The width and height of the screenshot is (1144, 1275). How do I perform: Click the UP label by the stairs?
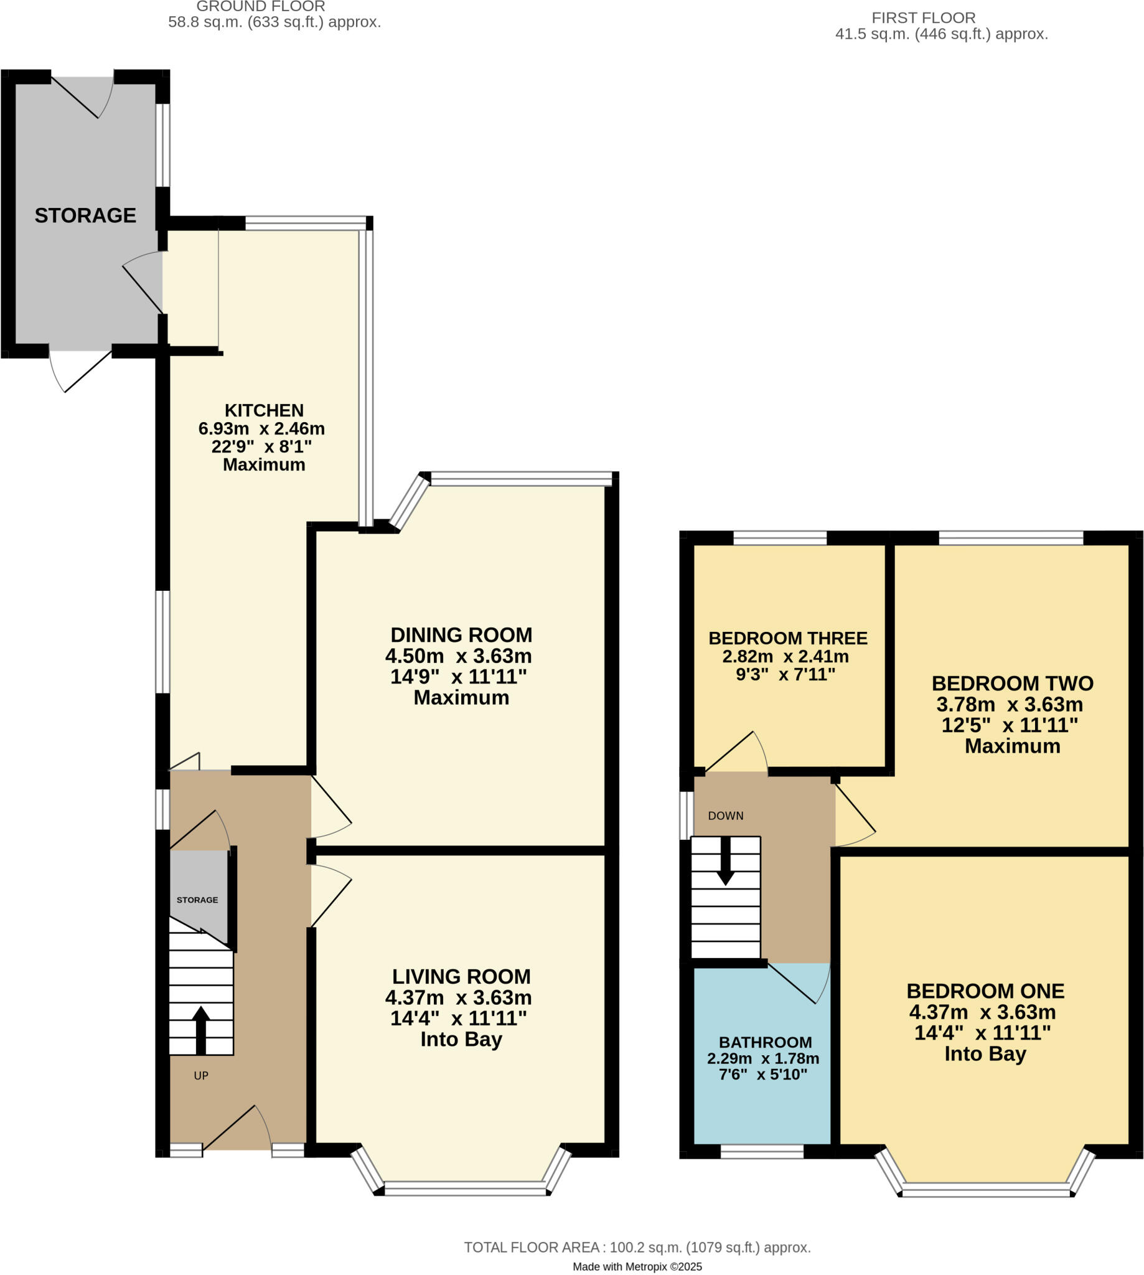(x=201, y=1076)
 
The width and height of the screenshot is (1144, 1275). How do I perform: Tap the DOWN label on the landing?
(x=725, y=816)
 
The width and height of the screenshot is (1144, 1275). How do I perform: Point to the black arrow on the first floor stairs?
(x=725, y=862)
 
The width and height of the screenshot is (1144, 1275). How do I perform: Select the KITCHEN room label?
(x=264, y=410)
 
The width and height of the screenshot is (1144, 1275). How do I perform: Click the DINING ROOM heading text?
(x=461, y=635)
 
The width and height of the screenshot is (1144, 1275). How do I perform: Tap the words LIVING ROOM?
(x=461, y=976)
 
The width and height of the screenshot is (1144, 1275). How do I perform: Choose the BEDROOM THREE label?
(x=787, y=638)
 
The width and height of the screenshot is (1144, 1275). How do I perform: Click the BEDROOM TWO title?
(x=1012, y=684)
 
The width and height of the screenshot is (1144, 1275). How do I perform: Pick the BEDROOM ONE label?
(x=985, y=991)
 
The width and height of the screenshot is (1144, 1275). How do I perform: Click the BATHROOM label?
(x=765, y=1042)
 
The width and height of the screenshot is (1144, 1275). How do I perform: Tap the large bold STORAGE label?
(x=85, y=215)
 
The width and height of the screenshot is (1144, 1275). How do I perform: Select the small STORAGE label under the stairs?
(x=197, y=900)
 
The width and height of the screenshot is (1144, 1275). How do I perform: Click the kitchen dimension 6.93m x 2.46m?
(x=261, y=429)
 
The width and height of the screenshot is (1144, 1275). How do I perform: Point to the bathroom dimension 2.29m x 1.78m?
(x=763, y=1059)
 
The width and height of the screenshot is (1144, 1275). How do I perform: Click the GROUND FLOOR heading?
(x=260, y=7)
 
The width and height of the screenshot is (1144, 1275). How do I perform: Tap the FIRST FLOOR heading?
(x=923, y=17)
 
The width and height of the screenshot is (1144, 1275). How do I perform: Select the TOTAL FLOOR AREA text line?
(x=637, y=1248)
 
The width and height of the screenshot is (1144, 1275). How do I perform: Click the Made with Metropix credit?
(x=637, y=1267)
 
